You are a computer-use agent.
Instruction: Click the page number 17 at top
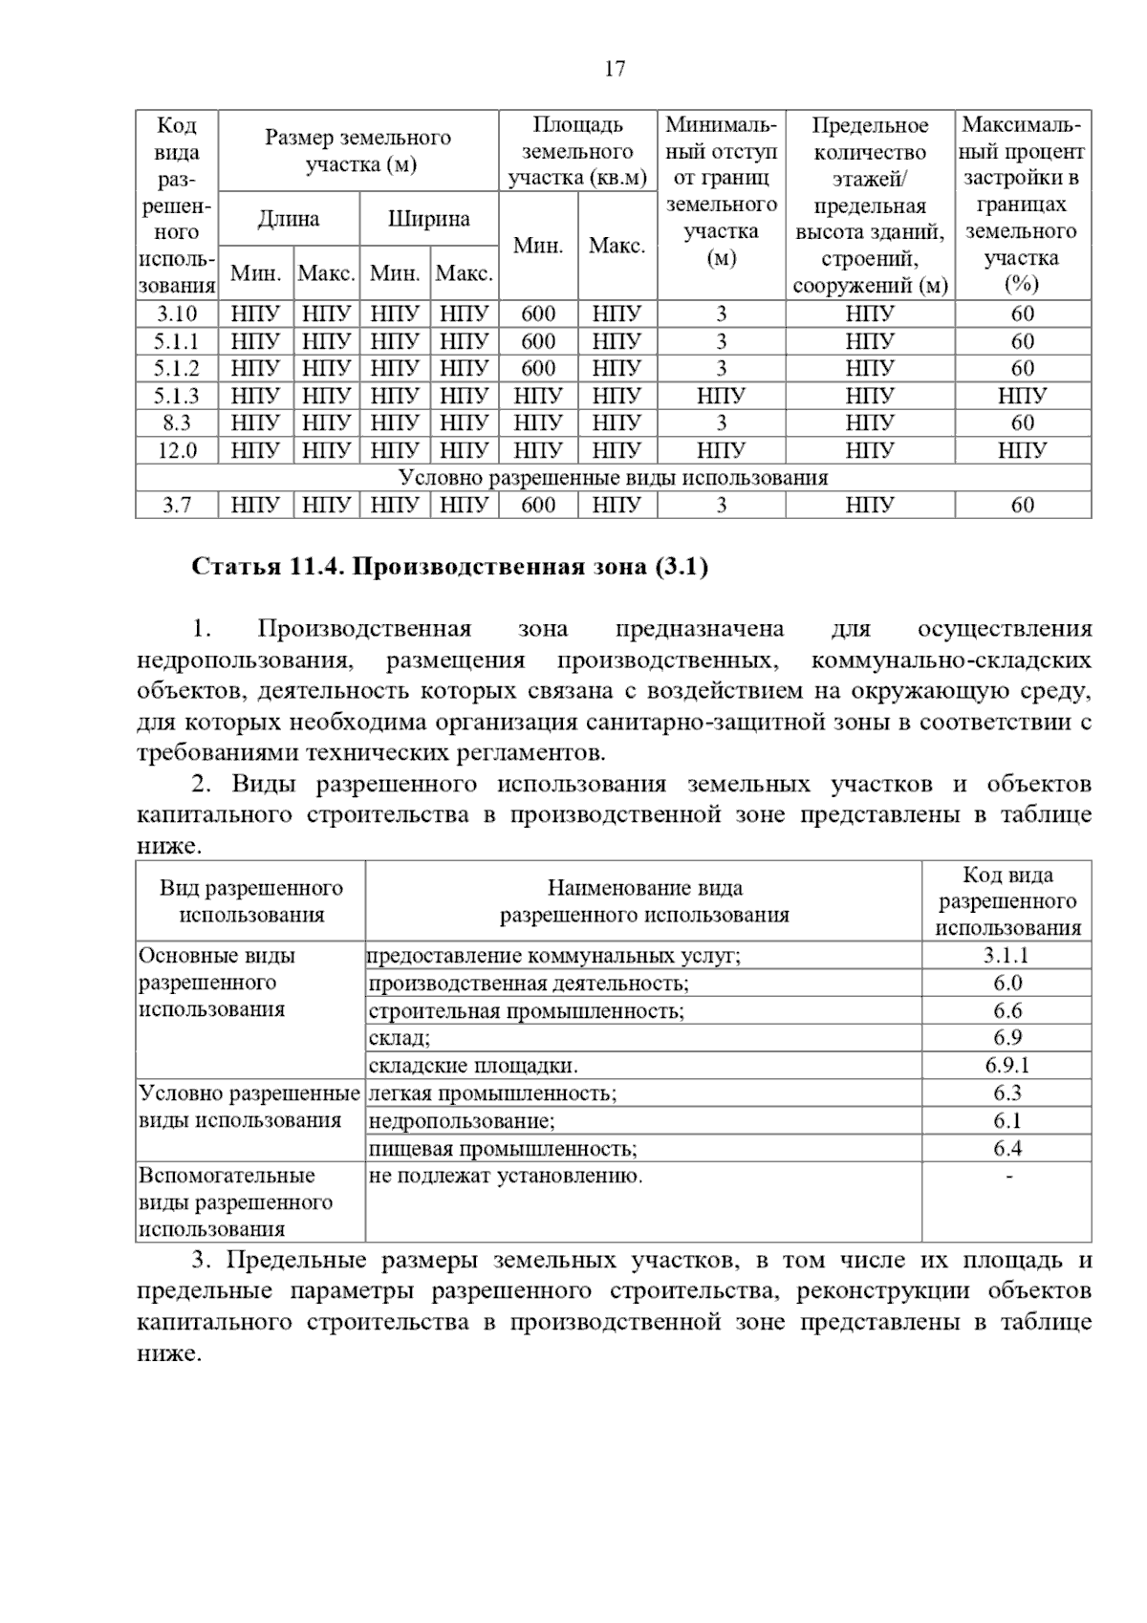(615, 69)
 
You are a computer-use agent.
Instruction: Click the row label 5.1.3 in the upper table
(177, 396)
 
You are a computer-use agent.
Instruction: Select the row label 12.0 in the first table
(177, 450)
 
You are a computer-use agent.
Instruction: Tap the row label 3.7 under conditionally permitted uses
(177, 505)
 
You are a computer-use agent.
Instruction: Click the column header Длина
(289, 219)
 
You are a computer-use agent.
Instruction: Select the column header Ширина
(428, 219)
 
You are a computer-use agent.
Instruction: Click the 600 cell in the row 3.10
(538, 314)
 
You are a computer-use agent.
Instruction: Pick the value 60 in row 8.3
(1022, 422)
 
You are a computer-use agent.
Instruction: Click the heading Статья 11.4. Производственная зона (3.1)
(450, 568)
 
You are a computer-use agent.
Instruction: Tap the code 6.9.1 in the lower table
(1006, 1066)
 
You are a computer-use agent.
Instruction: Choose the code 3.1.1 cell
(1006, 956)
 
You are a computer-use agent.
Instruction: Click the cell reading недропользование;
(462, 1121)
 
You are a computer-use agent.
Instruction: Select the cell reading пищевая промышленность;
(503, 1149)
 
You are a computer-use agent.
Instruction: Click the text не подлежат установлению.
(506, 1177)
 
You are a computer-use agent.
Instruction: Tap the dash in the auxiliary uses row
(1007, 1177)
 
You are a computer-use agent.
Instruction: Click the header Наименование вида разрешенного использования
(644, 901)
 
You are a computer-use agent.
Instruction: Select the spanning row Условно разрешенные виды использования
(613, 478)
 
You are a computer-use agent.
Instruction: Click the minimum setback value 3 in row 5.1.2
(721, 368)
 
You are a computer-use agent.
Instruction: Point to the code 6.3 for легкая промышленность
(1006, 1093)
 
